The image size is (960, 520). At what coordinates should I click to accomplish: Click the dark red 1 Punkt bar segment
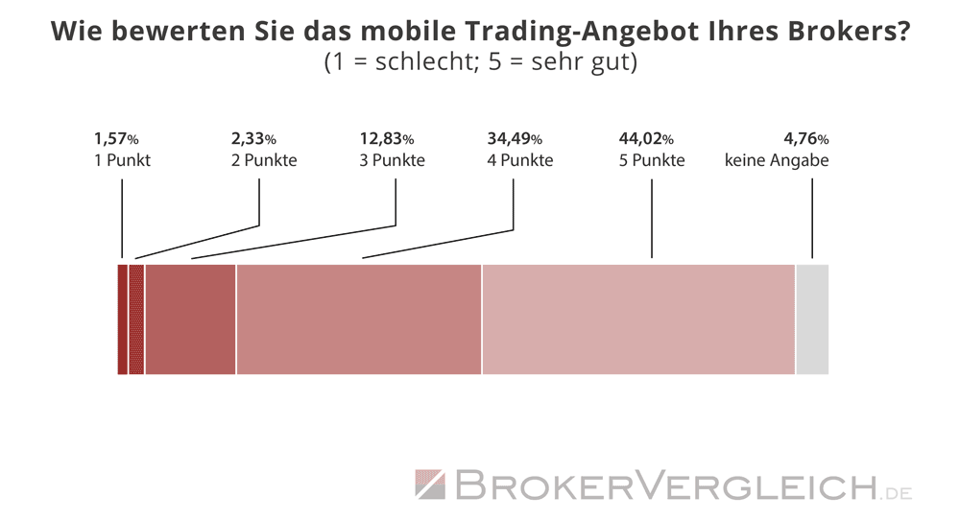tap(122, 319)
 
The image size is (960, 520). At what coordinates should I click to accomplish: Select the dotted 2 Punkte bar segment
tap(136, 319)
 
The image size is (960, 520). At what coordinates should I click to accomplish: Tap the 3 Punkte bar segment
tap(190, 319)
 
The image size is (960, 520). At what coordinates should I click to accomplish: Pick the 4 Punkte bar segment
tap(358, 319)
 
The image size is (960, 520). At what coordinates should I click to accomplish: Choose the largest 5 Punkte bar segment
tap(638, 319)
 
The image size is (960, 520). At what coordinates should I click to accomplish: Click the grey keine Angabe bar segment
tap(812, 319)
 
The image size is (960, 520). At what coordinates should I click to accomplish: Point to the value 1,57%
tap(116, 138)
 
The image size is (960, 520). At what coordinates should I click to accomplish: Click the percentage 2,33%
tap(253, 138)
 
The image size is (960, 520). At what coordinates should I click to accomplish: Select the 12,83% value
tap(386, 138)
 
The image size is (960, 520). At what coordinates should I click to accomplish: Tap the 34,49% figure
tap(515, 138)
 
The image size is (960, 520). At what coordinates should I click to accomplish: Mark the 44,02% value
tap(646, 138)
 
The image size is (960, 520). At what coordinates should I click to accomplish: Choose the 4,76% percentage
tap(805, 138)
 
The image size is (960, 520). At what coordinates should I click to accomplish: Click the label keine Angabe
tap(777, 160)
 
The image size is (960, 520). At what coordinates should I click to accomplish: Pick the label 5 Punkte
tap(652, 160)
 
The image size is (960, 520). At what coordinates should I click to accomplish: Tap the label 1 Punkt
tap(122, 160)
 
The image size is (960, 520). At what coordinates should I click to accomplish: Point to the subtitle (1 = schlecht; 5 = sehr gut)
tap(480, 63)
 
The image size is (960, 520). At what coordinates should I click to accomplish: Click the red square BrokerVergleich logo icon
tap(430, 485)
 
